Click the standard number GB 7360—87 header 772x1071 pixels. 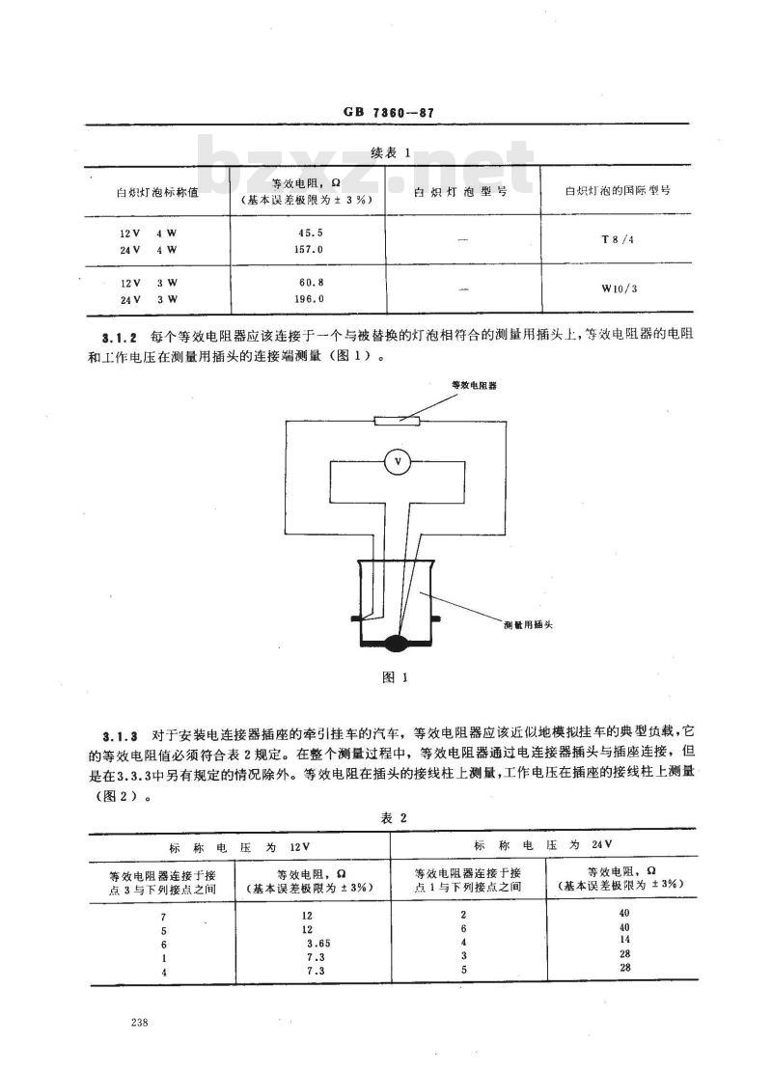tap(388, 112)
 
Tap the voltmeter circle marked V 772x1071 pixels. tap(399, 463)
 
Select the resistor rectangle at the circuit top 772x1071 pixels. tap(398, 421)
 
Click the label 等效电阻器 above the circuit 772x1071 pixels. tap(474, 385)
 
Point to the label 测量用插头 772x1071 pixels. tap(528, 624)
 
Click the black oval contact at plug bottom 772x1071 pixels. tap(397, 643)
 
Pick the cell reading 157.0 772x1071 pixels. tap(309, 249)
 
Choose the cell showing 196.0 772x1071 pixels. tap(309, 298)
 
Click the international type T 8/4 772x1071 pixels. tap(617, 239)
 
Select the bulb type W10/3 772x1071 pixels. tap(619, 288)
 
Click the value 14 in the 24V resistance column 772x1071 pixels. tap(623, 939)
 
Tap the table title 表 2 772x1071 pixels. tap(394, 817)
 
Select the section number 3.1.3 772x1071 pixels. tap(121, 736)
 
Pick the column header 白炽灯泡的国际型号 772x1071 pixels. tap(618, 191)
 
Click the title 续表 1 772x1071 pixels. tap(391, 153)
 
